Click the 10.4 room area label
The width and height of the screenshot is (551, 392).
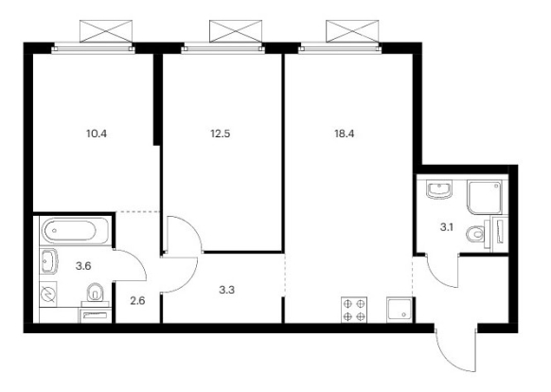pos(97,134)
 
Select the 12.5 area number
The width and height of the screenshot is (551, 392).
pos(221,134)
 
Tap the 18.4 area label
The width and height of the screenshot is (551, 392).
pos(345,134)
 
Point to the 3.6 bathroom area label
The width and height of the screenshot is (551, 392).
pos(83,266)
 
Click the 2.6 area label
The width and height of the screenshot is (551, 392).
pos(137,301)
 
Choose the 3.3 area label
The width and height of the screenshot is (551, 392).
pos(226,290)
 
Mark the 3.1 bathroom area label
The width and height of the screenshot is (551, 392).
pos(446,227)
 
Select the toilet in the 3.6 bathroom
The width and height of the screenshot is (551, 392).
pos(95,293)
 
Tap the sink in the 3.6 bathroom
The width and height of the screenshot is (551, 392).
pos(48,261)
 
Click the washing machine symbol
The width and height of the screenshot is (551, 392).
pos(48,294)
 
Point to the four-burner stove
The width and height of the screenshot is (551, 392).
pos(354,310)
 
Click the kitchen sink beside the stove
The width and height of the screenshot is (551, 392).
pos(400,310)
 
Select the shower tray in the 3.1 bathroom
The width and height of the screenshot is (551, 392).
pos(485,198)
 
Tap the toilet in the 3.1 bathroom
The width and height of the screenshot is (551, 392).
pos(475,234)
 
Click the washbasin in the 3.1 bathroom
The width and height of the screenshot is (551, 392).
pos(439,190)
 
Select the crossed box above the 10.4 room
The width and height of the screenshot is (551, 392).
pos(106,31)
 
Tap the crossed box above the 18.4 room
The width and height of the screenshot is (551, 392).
pos(352,31)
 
